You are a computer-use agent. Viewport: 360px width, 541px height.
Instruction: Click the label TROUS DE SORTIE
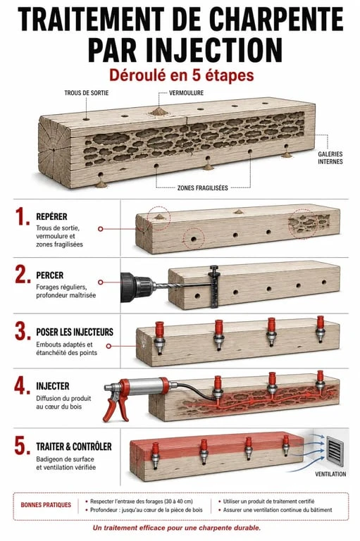86,93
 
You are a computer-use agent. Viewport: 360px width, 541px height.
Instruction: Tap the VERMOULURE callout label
186,93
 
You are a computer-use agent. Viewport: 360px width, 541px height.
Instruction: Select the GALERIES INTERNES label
330,158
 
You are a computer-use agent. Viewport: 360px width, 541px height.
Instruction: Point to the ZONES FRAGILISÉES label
203,188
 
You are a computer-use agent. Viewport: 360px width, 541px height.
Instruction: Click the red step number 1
23,217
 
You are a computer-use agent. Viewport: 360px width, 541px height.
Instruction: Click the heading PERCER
50,275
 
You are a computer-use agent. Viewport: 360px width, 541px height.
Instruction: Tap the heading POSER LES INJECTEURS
75,332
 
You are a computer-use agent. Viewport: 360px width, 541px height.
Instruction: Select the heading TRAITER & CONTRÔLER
74,447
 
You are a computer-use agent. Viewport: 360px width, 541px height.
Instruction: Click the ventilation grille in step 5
335,452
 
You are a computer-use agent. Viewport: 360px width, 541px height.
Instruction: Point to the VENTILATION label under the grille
330,474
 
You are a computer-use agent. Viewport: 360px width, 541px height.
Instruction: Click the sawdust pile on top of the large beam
159,111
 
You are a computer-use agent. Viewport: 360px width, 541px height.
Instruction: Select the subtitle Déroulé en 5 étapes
182,75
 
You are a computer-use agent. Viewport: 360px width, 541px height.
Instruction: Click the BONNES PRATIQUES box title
46,505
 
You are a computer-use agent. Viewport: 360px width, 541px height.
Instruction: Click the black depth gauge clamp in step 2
214,286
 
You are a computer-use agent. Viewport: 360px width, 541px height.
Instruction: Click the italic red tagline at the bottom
177,528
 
